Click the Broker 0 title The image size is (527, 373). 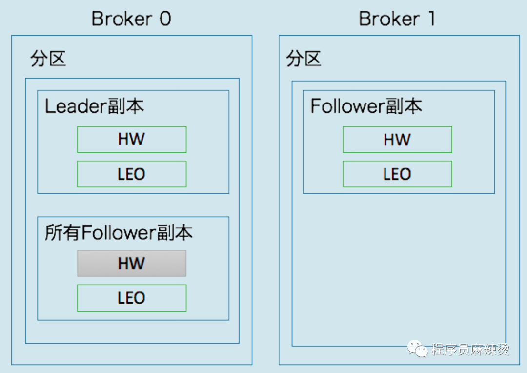[131, 19]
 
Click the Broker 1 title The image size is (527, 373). [397, 19]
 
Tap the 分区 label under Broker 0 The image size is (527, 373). [48, 59]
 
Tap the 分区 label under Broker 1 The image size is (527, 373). [304, 59]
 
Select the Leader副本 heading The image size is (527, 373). [95, 106]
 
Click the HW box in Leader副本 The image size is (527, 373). [132, 140]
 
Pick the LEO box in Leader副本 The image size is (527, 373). [132, 174]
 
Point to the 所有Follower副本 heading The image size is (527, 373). [119, 232]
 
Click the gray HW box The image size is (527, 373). [132, 263]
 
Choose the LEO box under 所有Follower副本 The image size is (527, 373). [132, 298]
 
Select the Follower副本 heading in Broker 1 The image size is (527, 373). [366, 106]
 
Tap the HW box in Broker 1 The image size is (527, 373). [397, 140]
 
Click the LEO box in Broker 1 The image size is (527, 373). [397, 174]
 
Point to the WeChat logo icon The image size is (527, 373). [417, 349]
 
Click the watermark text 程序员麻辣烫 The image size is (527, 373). [470, 350]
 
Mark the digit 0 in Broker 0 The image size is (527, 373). [165, 19]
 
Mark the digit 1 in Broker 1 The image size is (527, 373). [432, 19]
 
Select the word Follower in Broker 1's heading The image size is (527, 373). [347, 106]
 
